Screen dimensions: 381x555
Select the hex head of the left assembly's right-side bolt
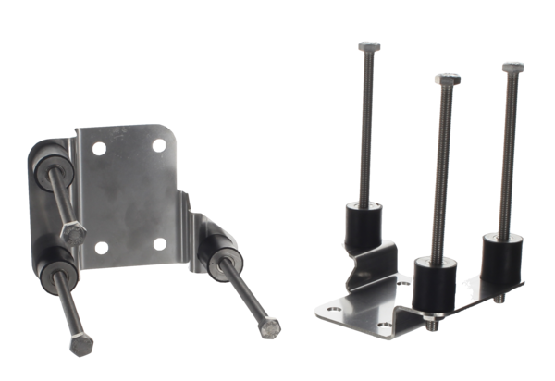tap(269, 326)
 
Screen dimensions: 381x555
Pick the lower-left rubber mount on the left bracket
tap(51, 265)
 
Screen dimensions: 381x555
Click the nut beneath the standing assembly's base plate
tap(431, 324)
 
